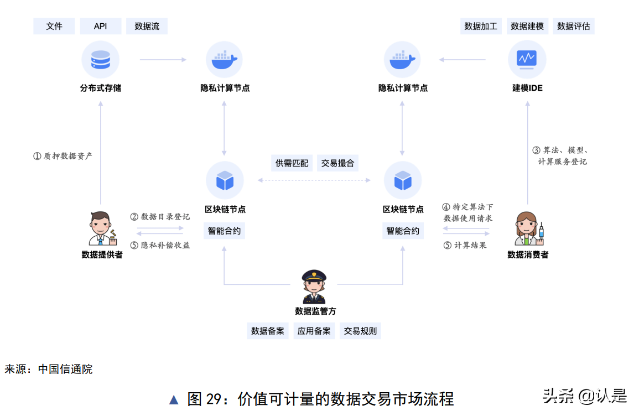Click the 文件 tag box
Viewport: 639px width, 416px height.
[54, 26]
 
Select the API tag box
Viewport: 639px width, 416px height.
[100, 26]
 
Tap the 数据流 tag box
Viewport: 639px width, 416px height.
[147, 26]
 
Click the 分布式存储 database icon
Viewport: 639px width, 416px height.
[100, 59]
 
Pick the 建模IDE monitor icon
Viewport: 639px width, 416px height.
[526, 59]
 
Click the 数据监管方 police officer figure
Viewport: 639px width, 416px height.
[314, 287]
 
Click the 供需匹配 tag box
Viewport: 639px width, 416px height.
[292, 163]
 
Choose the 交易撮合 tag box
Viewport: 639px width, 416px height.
[337, 163]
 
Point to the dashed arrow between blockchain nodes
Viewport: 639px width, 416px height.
[314, 180]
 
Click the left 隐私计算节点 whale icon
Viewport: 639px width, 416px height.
[224, 59]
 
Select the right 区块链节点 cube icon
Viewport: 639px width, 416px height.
[402, 180]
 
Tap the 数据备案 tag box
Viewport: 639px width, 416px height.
[268, 331]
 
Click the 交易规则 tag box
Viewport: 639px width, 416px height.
[360, 331]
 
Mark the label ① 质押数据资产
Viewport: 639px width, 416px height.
[63, 156]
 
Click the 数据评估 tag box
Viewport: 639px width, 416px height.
[574, 26]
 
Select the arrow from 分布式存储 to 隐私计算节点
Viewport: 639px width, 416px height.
[163, 59]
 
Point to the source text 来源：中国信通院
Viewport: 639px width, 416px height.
[49, 370]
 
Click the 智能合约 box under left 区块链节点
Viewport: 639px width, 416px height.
[224, 231]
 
